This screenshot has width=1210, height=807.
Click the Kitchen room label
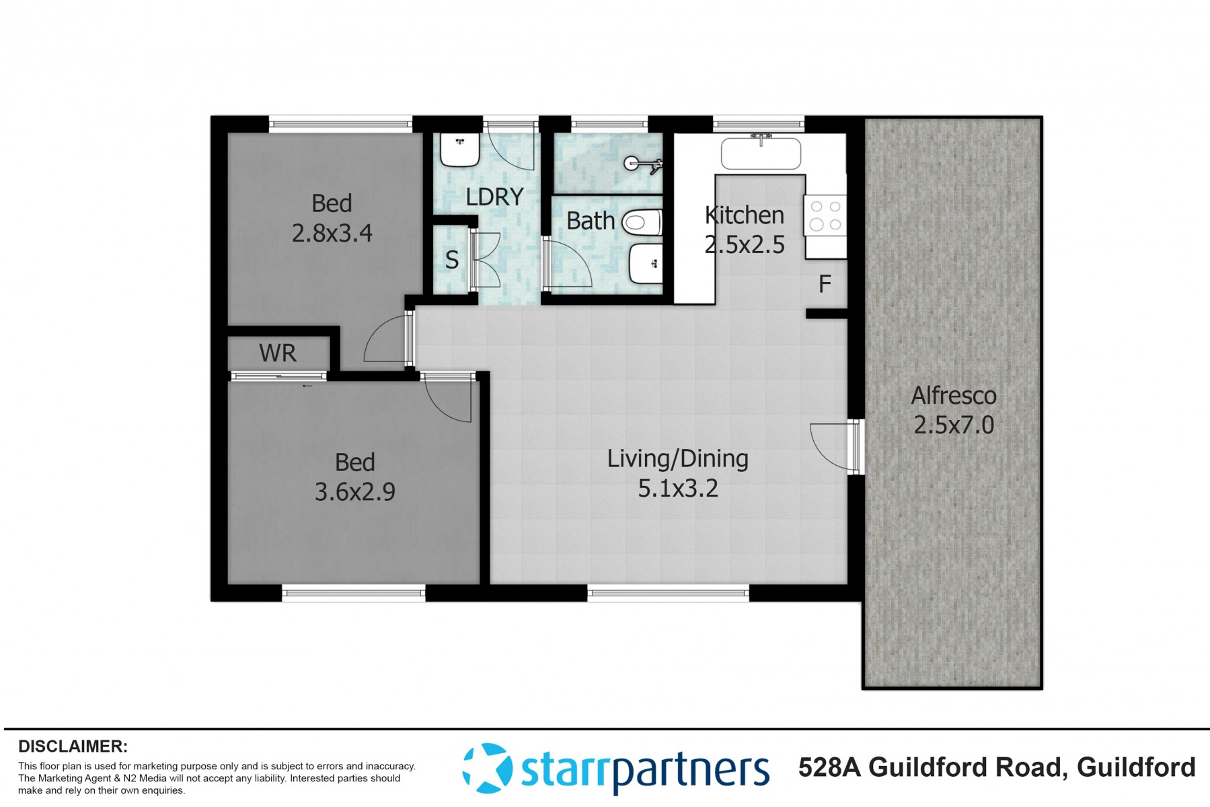[745, 215]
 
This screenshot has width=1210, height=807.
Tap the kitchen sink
[761, 153]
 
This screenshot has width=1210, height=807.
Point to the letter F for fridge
[825, 284]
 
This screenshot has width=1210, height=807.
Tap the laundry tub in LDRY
[459, 150]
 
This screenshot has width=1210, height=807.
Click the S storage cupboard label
[452, 260]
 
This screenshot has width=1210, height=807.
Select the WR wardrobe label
[278, 353]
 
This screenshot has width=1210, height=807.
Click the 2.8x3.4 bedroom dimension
[332, 233]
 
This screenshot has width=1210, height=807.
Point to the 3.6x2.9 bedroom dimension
[354, 492]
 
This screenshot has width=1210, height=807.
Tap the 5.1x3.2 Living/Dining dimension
[678, 488]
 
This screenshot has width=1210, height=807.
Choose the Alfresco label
[954, 396]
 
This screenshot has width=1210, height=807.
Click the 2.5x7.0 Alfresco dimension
[954, 425]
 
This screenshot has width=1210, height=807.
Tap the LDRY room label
[494, 197]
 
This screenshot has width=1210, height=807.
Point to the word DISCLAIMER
[73, 746]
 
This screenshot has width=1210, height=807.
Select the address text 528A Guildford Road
[932, 767]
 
